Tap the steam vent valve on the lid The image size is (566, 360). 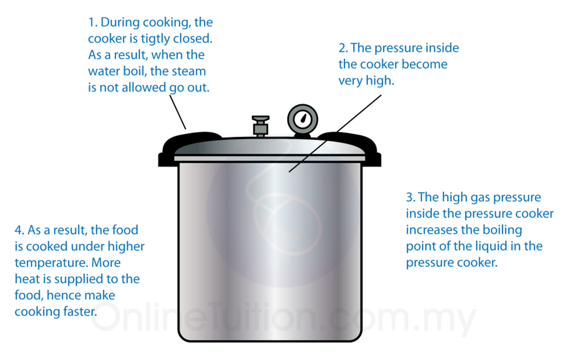point(261,125)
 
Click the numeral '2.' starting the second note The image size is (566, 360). point(343,48)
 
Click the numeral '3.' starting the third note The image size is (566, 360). point(410,197)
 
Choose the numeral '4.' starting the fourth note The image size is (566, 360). point(19,230)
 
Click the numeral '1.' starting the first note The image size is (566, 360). point(92,23)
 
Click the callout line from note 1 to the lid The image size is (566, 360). point(178,112)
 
